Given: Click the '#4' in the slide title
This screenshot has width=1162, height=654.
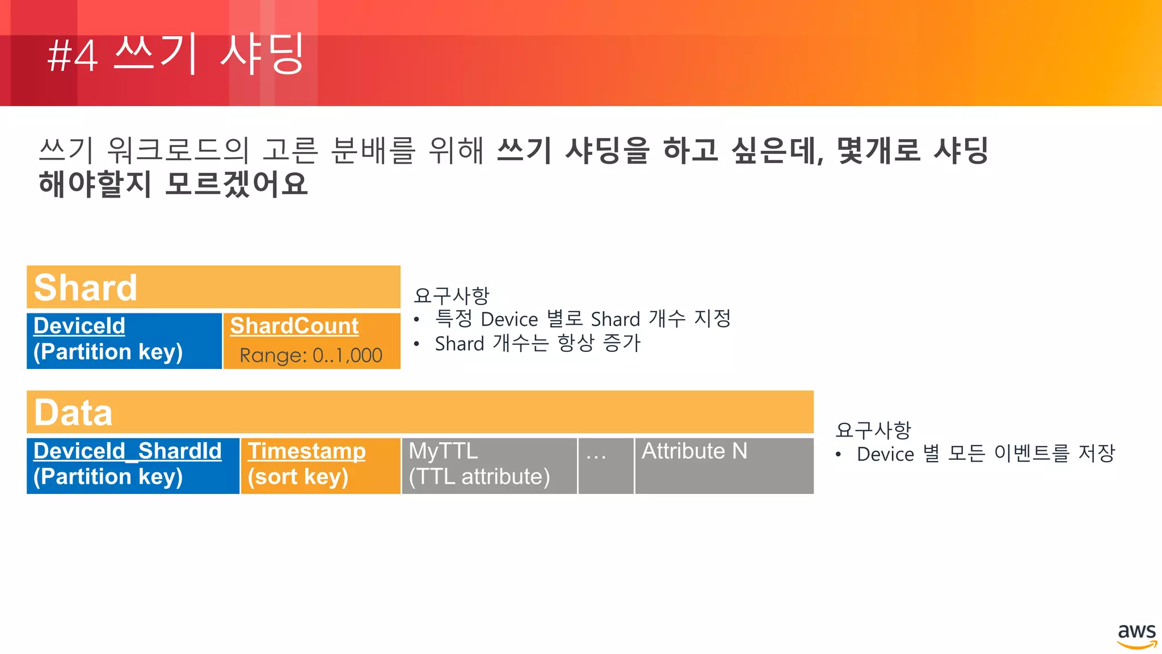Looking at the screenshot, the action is pyautogui.click(x=73, y=57).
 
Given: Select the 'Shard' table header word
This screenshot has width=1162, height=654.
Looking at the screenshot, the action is pyautogui.click(x=86, y=287).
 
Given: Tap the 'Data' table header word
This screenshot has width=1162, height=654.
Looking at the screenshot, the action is pyautogui.click(x=73, y=412).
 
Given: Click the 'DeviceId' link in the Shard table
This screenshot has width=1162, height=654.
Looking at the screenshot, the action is pyautogui.click(x=79, y=326).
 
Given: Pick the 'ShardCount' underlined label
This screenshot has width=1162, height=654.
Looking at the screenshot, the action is pyautogui.click(x=294, y=326).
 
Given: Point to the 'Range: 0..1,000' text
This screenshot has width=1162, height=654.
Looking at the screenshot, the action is pyautogui.click(x=311, y=355).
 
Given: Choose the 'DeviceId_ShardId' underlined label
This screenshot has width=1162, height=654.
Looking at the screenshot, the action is pyautogui.click(x=128, y=451).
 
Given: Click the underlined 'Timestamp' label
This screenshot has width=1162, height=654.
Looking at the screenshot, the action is pyautogui.click(x=306, y=451).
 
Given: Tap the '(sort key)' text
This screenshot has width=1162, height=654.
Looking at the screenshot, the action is pyautogui.click(x=298, y=477).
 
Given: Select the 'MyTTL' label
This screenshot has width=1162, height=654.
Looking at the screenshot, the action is pyautogui.click(x=443, y=451).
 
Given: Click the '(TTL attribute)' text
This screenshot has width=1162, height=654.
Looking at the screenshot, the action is pyautogui.click(x=479, y=477).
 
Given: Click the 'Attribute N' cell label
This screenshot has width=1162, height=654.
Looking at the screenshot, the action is pyautogui.click(x=694, y=451).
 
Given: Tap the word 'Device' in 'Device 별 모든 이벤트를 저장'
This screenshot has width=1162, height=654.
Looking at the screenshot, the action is pyautogui.click(x=885, y=454).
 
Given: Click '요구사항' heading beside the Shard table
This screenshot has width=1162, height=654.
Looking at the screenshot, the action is pyautogui.click(x=452, y=295).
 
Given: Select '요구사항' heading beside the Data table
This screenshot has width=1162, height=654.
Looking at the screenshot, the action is pyautogui.click(x=873, y=430).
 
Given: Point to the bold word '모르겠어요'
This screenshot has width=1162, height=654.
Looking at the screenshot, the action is pyautogui.click(x=236, y=184).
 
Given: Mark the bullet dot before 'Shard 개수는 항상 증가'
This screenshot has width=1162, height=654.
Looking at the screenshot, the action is pyautogui.click(x=417, y=344).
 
